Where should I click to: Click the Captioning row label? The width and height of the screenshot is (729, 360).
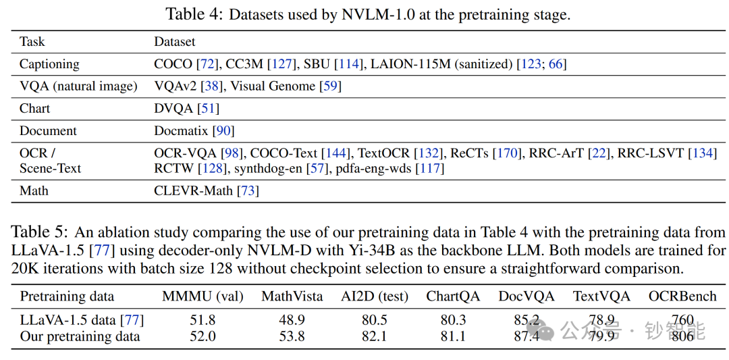[x=49, y=64]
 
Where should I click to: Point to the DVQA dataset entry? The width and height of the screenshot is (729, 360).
[x=173, y=109]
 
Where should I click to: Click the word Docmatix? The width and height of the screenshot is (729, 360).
[x=181, y=131]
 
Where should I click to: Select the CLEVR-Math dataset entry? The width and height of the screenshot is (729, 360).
[x=194, y=191]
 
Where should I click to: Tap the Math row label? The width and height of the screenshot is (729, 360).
[x=34, y=191]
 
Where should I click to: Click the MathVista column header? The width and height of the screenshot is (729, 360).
[x=292, y=297]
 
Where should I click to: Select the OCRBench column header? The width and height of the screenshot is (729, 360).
[x=682, y=297]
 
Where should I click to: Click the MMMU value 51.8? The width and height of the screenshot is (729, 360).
[x=202, y=320]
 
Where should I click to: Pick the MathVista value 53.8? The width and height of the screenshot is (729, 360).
[x=292, y=336]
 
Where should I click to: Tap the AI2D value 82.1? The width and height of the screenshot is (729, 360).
[x=374, y=336]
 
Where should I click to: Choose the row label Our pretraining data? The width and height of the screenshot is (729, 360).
[x=80, y=336]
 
